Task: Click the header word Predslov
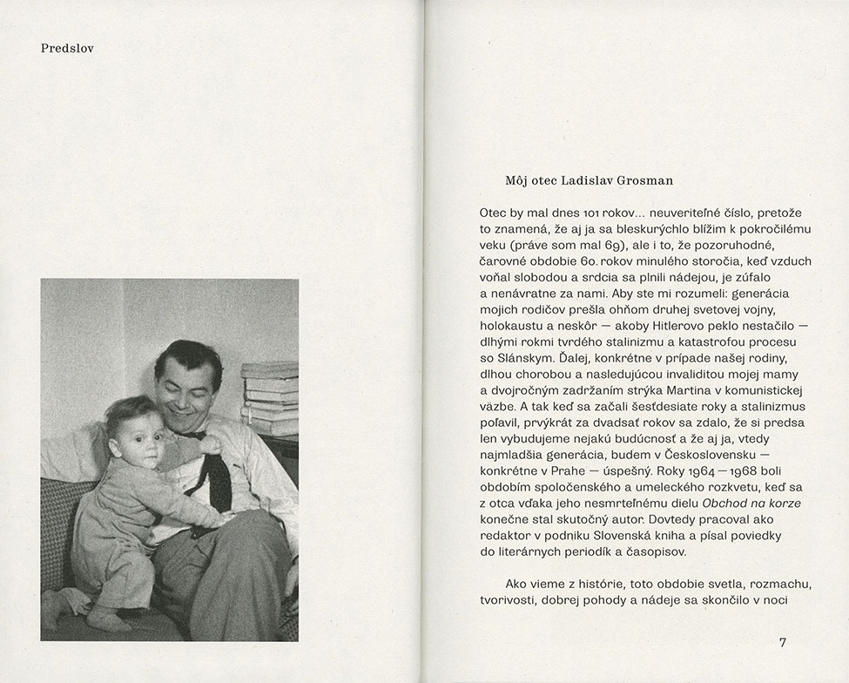[x=67, y=49]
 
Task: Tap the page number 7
[x=782, y=642]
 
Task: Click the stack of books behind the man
[x=271, y=397]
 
